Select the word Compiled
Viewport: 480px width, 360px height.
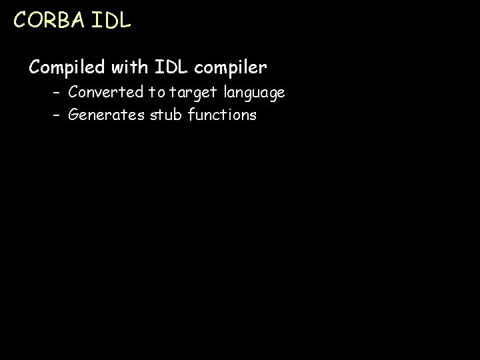pos(67,67)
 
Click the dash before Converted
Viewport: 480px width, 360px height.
pos(58,93)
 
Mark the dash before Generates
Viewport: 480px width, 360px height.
pos(58,116)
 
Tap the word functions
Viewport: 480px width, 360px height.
pos(222,115)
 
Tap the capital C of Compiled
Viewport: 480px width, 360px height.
pos(35,67)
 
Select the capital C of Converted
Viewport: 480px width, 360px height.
pos(73,92)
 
